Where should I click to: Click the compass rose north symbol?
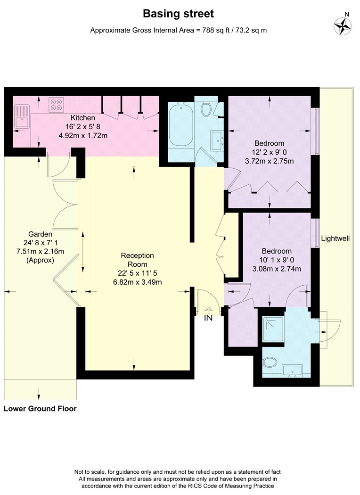[343, 26]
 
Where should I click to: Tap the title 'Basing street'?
[178, 14]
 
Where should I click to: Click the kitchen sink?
[22, 116]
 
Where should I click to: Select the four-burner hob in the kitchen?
[57, 104]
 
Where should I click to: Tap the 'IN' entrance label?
[208, 318]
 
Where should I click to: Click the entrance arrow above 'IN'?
[208, 310]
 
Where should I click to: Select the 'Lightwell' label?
[335, 239]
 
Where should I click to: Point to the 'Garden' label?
[40, 234]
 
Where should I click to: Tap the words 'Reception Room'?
[138, 260]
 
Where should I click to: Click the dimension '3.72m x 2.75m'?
[270, 161]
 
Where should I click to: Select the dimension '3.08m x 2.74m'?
[277, 269]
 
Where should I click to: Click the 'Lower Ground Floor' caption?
[40, 409]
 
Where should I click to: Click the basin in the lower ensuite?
[293, 371]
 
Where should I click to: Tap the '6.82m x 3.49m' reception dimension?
[138, 282]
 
